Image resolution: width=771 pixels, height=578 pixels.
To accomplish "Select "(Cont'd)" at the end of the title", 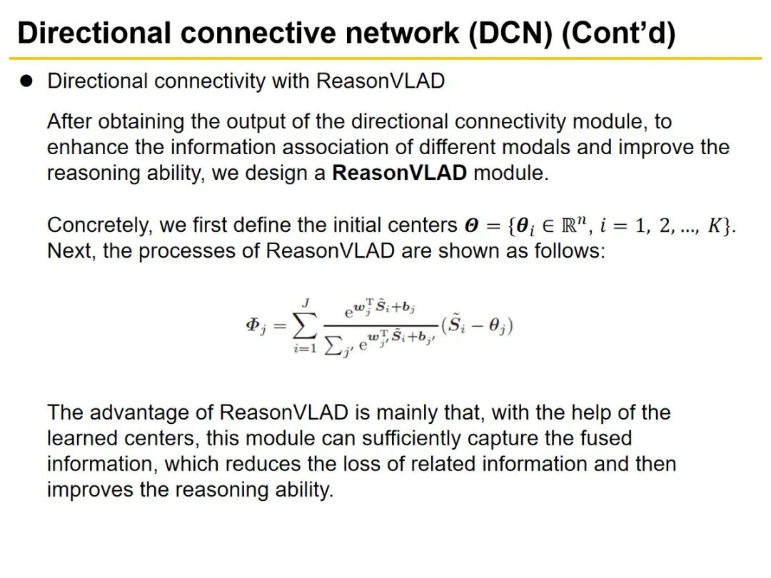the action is (x=618, y=34).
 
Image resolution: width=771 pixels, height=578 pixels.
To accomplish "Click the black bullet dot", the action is (x=27, y=81).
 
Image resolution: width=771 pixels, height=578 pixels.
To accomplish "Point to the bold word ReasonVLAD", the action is (x=399, y=173).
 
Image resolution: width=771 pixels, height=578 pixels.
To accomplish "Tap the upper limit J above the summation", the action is (x=305, y=303).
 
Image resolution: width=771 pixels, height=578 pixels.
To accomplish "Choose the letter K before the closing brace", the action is (x=715, y=225).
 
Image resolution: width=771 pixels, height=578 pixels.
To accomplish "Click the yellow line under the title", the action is (x=385, y=58).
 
